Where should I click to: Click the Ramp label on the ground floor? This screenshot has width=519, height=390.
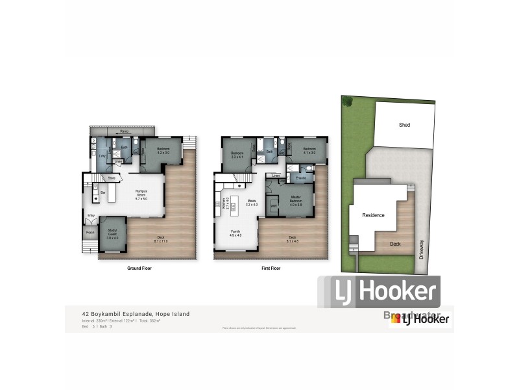click(x=123, y=131)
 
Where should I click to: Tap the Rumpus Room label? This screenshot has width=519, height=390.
click(x=141, y=192)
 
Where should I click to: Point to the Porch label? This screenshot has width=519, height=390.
click(x=90, y=232)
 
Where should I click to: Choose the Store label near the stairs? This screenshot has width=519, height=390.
click(x=112, y=177)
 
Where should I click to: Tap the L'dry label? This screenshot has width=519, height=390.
click(x=102, y=156)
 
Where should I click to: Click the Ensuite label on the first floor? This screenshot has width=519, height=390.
click(x=301, y=177)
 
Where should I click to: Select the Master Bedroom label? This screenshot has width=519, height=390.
click(x=295, y=199)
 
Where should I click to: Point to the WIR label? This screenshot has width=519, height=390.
click(x=273, y=207)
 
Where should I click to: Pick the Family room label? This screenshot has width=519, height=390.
click(x=235, y=232)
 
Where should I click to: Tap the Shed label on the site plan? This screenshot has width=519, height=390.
click(x=404, y=125)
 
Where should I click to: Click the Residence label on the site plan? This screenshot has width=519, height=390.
click(x=374, y=215)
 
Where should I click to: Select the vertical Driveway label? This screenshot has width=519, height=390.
click(x=421, y=248)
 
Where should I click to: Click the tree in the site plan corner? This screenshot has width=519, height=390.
click(x=348, y=101)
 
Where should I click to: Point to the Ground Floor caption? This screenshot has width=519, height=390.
click(x=138, y=268)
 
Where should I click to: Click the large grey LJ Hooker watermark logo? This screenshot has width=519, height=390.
click(x=379, y=292)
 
